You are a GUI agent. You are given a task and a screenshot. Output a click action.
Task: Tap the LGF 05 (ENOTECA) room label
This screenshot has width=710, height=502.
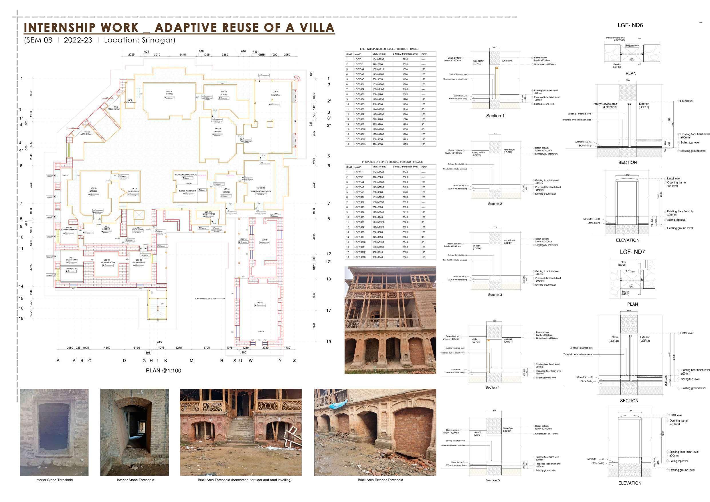[x=275, y=93]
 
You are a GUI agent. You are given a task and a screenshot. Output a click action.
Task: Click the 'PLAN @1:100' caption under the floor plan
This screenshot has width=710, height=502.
[x=163, y=370]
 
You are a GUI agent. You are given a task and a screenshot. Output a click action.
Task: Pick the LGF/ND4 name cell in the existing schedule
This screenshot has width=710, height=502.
[x=359, y=99]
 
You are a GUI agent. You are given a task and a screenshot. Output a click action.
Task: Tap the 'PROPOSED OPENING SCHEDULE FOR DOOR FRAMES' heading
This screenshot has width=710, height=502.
[x=392, y=162]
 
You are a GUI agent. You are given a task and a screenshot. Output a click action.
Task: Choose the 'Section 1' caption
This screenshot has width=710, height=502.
[x=495, y=116]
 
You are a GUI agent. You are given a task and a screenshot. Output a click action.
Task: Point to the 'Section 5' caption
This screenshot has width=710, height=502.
[x=493, y=480]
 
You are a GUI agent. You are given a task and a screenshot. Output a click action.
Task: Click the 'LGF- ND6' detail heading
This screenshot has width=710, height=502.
[x=630, y=25]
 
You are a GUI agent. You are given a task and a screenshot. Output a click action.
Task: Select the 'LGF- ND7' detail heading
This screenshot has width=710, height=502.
[x=632, y=252]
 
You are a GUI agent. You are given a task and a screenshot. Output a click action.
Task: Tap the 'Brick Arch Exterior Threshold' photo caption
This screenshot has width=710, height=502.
[x=380, y=480]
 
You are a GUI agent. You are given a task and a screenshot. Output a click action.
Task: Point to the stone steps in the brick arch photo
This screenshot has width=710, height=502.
[x=240, y=430]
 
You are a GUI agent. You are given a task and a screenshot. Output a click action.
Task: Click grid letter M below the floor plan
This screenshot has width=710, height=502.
[x=191, y=360]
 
